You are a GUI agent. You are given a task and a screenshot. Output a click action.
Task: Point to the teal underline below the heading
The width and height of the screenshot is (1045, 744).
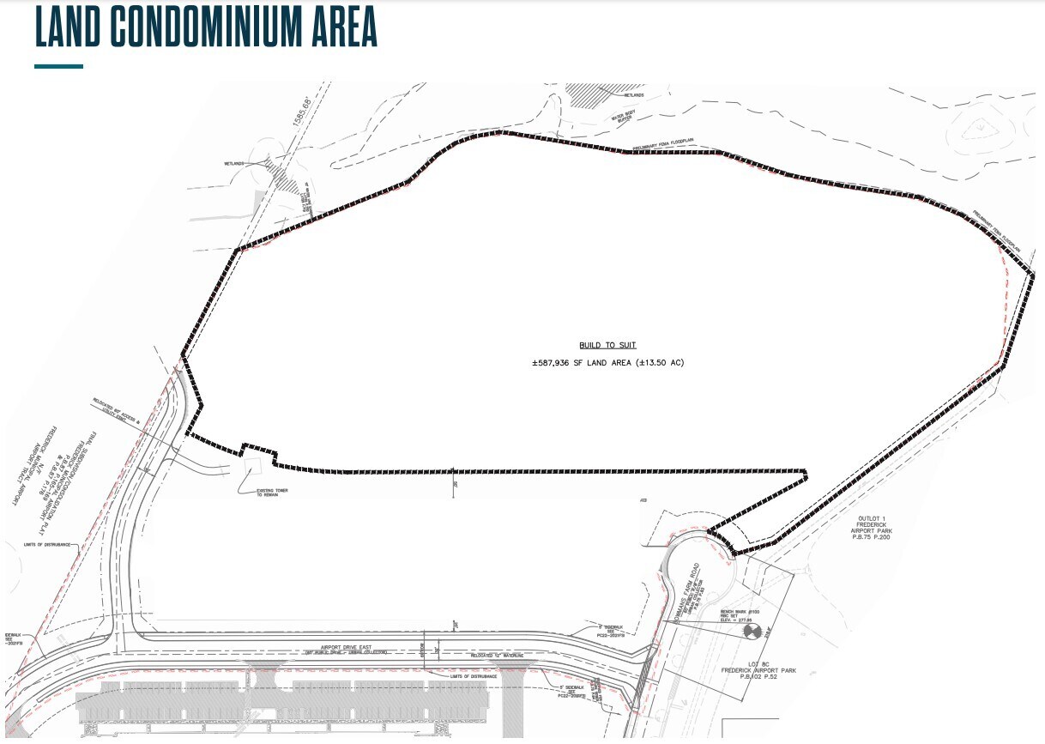click(x=58, y=66)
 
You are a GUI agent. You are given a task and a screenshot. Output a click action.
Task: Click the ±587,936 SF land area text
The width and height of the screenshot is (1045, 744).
click(x=607, y=363)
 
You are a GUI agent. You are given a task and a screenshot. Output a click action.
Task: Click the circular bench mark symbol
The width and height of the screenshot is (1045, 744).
click(x=752, y=632)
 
